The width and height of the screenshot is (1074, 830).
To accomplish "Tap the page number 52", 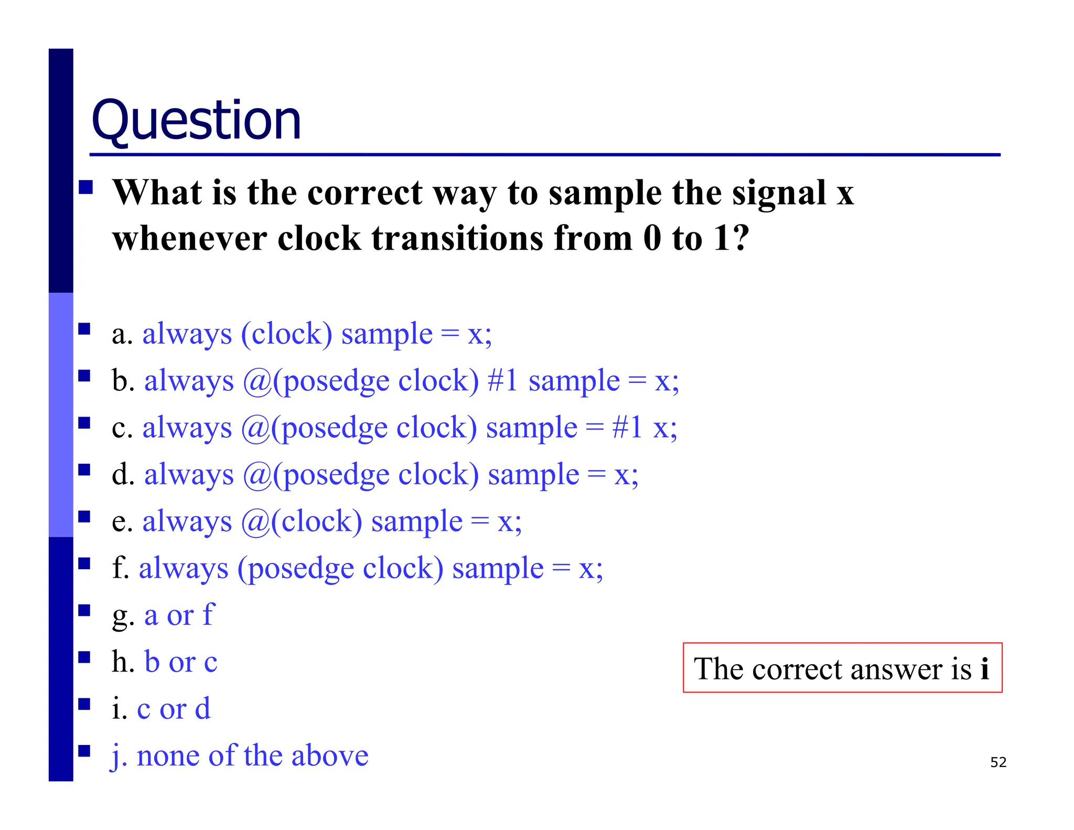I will pos(998,762).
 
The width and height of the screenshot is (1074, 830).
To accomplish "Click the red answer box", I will pos(842,667).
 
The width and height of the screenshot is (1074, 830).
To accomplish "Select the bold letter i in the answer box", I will pos(984,668).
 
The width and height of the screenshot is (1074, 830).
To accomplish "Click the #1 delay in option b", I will pos(503,380).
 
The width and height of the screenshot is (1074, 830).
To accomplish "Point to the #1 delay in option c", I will pos(627,427).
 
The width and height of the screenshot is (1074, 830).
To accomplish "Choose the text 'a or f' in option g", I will pos(179,615).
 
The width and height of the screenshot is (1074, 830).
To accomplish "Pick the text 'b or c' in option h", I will pos(180,662).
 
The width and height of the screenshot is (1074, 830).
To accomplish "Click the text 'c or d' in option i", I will pos(174,709).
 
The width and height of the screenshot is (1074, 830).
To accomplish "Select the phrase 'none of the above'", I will pos(252,755).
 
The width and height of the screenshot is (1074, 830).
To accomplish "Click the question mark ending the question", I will pos(740,238).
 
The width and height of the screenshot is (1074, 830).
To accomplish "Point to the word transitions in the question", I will pos(456,238).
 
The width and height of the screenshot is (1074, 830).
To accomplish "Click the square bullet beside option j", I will pos(84,751).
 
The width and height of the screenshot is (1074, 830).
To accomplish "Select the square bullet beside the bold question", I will pos(85,187).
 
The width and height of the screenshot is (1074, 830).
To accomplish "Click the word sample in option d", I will pos(533,474).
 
